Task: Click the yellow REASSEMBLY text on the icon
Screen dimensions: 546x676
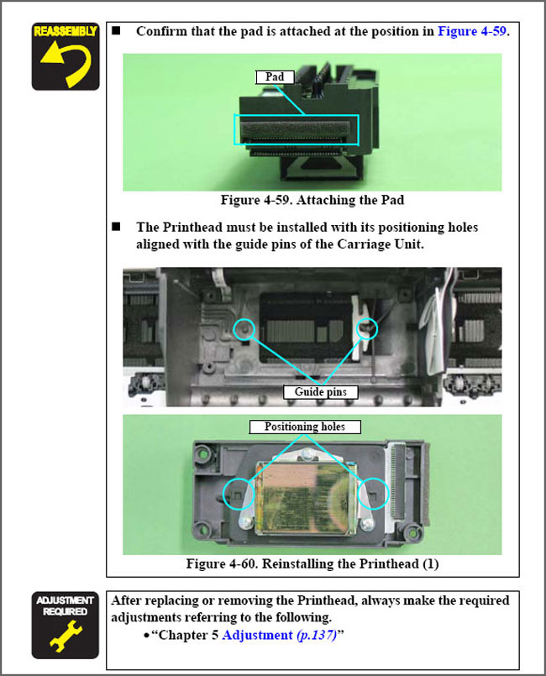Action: click(66, 31)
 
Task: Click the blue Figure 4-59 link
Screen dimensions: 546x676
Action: click(472, 31)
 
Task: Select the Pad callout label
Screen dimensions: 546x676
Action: click(275, 76)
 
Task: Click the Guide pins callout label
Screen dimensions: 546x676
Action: click(320, 392)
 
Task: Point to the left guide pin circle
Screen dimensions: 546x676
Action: click(234, 328)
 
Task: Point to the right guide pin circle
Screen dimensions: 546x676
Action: click(377, 328)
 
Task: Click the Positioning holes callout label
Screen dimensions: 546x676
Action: click(305, 427)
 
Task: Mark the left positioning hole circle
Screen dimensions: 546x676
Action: click(223, 494)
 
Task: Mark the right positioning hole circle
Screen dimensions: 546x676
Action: click(388, 494)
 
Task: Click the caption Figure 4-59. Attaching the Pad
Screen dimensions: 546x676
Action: click(312, 200)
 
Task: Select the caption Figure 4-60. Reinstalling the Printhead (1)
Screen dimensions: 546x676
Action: click(312, 564)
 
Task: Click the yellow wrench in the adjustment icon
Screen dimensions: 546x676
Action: click(66, 635)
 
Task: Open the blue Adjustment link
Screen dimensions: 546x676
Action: click(258, 635)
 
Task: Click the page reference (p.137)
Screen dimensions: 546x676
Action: click(317, 636)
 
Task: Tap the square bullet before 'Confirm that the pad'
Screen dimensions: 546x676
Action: click(116, 30)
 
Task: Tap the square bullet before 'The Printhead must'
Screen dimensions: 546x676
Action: click(116, 227)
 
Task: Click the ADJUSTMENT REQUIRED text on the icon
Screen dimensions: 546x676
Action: click(66, 605)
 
